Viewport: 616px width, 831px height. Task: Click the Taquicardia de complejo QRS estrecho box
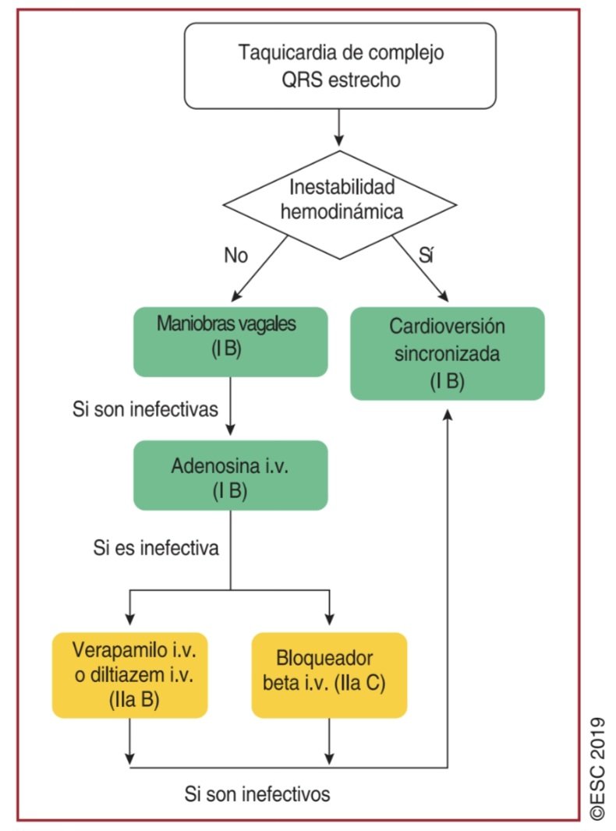[x=340, y=65]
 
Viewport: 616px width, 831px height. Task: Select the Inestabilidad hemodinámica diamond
[x=340, y=205]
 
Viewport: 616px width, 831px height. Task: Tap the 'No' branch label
[x=236, y=256]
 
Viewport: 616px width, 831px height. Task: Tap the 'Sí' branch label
[x=426, y=256]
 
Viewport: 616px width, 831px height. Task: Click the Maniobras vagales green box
[x=231, y=342]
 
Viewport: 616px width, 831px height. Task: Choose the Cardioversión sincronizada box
[x=448, y=353]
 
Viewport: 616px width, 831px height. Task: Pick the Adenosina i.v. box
[x=231, y=476]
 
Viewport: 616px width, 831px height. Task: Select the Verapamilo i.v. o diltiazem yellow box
[x=130, y=675]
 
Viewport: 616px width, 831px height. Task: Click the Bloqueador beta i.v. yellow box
[x=329, y=675]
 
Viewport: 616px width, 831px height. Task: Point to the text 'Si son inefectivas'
[x=145, y=409]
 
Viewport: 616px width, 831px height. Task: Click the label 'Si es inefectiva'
[x=156, y=547]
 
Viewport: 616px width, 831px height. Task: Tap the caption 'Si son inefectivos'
[x=257, y=794]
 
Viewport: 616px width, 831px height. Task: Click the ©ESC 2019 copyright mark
[x=597, y=769]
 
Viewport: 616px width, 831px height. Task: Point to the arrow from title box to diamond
[x=338, y=128]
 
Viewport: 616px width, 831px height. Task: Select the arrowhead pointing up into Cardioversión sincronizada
[x=448, y=415]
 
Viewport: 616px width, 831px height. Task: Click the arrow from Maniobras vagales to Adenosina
[x=231, y=406]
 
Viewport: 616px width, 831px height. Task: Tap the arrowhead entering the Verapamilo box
[x=130, y=619]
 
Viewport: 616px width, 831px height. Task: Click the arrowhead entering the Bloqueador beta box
[x=329, y=619]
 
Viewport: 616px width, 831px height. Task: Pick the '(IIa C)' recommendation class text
[x=360, y=683]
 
